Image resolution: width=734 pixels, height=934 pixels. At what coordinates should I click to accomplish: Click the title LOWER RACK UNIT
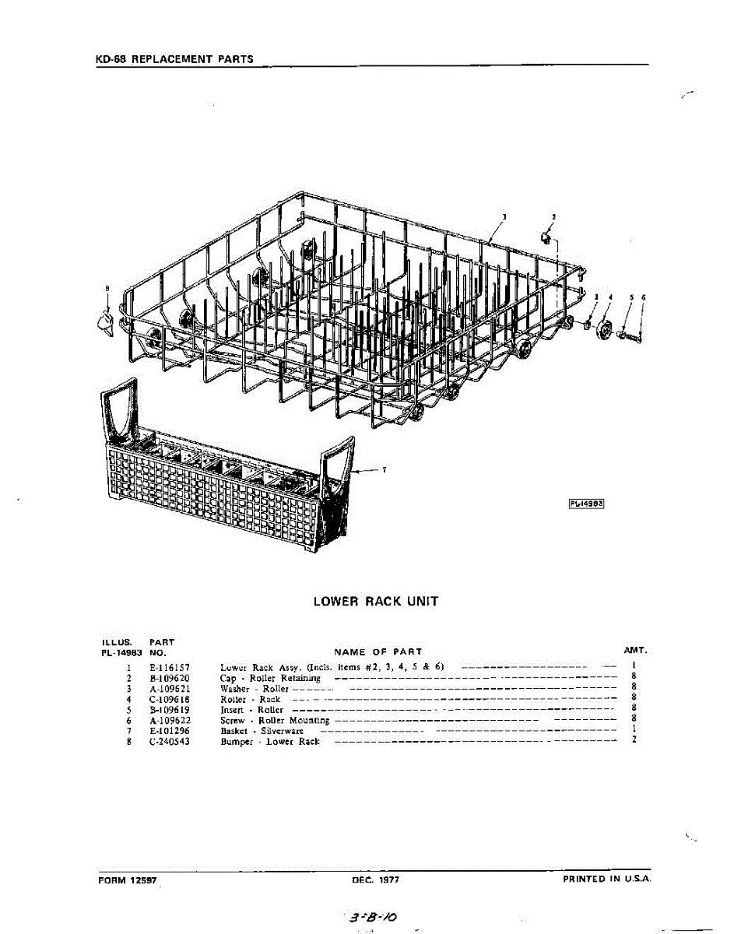(x=375, y=602)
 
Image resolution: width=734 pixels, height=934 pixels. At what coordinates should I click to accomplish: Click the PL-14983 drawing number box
(x=587, y=503)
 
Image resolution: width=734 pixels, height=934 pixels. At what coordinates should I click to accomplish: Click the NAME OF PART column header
(x=378, y=651)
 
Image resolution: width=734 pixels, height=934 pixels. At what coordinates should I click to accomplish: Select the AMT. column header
(x=635, y=649)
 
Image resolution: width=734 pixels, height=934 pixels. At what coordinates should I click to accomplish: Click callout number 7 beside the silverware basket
(x=384, y=469)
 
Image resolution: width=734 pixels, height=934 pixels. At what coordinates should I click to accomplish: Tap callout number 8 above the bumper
(x=107, y=289)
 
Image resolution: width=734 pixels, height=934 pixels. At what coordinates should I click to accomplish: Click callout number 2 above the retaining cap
(x=553, y=216)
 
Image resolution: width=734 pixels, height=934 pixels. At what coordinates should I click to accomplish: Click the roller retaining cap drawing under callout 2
(x=547, y=236)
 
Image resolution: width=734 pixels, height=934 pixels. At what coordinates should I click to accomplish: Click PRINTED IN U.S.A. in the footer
(x=606, y=880)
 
